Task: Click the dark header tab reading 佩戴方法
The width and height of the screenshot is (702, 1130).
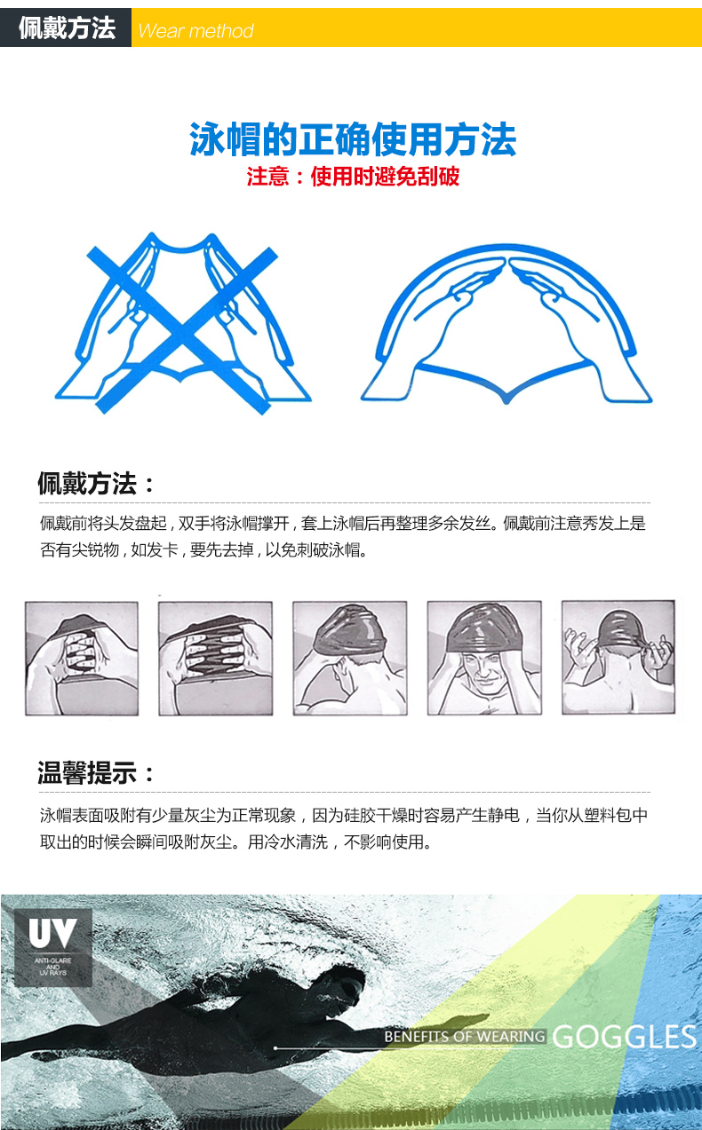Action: tap(66, 28)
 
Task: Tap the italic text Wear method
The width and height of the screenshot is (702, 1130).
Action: tap(195, 31)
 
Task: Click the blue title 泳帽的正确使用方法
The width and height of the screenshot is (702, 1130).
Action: tap(353, 139)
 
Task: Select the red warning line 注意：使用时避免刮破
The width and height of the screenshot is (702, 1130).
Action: tap(353, 177)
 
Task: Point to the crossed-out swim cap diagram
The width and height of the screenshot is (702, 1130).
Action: tap(183, 323)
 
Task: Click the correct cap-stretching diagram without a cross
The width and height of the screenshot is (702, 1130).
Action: tap(506, 323)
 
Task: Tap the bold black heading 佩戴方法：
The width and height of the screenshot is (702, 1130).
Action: tap(96, 483)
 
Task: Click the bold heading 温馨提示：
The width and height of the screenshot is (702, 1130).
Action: tap(96, 773)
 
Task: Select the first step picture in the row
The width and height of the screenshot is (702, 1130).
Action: tap(82, 659)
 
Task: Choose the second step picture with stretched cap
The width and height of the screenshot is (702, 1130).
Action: tap(216, 659)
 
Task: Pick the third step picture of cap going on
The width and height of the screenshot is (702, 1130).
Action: tap(350, 658)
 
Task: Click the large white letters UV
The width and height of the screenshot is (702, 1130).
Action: tap(52, 933)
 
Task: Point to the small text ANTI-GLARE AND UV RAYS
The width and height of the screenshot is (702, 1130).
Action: tap(53, 966)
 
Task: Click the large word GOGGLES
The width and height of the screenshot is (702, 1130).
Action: tap(624, 1038)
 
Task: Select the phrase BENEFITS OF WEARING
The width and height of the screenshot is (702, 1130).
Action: tap(465, 1037)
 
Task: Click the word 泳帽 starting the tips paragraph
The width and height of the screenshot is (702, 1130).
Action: tap(56, 815)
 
